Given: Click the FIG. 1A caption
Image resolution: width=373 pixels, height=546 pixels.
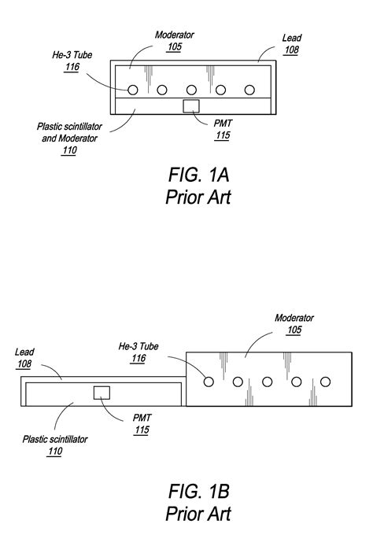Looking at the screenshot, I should click(198, 175).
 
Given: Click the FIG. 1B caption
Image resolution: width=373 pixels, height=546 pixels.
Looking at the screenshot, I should click(198, 493).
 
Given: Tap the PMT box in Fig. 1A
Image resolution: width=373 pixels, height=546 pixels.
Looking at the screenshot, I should click(191, 106).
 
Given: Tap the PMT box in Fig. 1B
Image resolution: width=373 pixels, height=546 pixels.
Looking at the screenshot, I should click(101, 393).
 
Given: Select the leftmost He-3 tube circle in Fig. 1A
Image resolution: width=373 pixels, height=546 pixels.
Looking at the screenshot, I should click(132, 90).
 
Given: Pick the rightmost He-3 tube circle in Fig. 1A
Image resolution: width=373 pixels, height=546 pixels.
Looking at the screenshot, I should click(250, 90).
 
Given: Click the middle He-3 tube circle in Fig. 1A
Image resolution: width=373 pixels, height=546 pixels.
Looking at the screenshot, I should click(191, 90).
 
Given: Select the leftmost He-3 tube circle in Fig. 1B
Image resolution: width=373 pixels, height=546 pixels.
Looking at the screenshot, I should click(209, 382).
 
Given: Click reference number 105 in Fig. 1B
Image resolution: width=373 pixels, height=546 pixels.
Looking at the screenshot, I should click(294, 330).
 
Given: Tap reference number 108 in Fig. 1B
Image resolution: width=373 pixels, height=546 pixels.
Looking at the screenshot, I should click(25, 365).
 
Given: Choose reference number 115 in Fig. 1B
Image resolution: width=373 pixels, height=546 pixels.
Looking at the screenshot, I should click(141, 430).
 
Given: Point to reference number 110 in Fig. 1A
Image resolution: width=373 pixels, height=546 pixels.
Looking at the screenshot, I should click(69, 151).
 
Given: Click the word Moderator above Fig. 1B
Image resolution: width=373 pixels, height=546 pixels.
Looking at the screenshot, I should click(294, 318).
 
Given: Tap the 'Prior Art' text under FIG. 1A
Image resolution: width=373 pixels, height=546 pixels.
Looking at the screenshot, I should click(198, 197).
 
